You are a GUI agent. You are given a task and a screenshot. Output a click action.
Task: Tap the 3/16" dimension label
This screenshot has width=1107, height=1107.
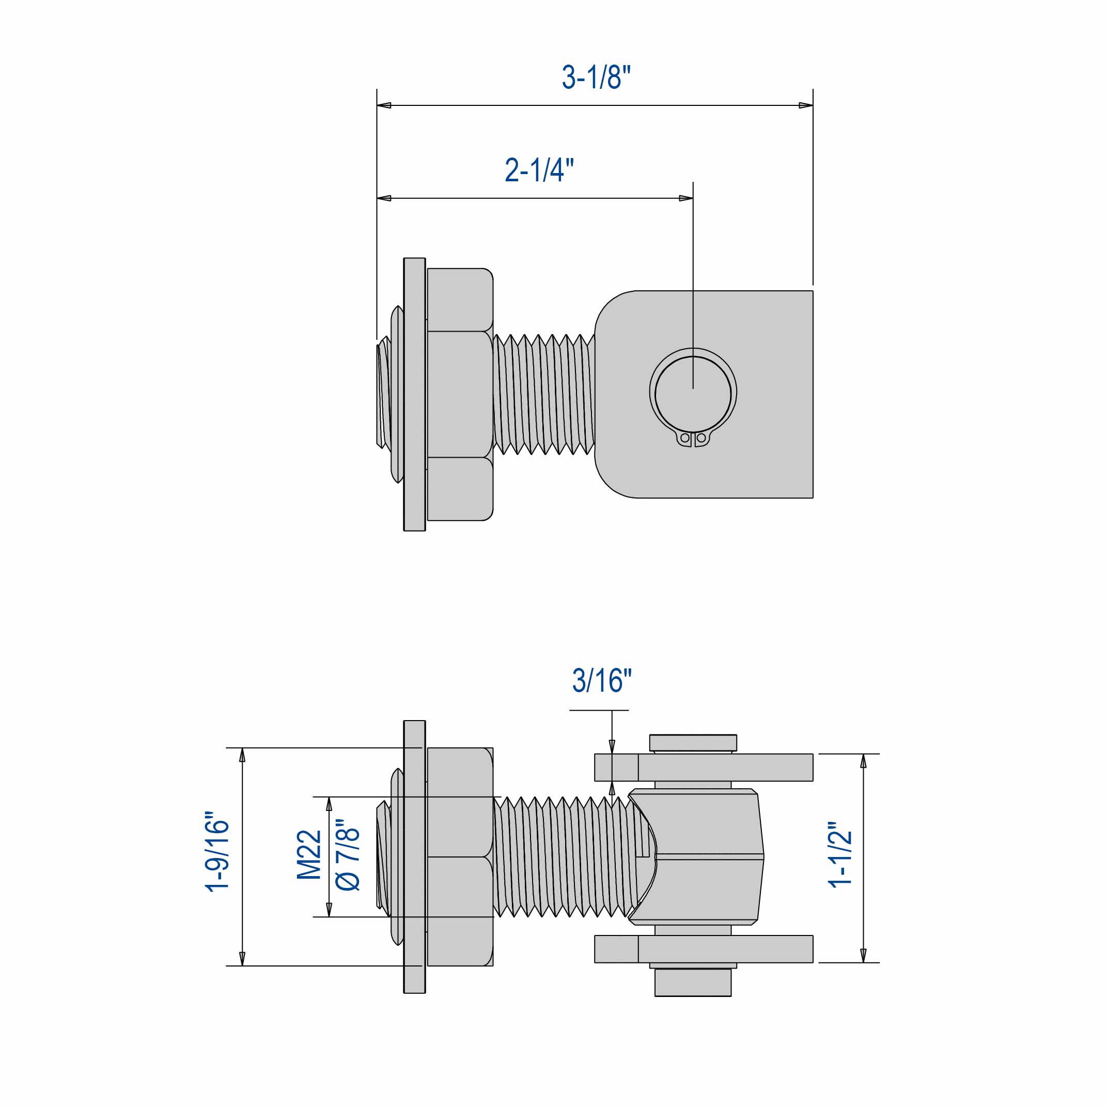click(601, 681)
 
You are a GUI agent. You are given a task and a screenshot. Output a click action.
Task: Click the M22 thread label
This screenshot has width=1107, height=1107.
click(309, 854)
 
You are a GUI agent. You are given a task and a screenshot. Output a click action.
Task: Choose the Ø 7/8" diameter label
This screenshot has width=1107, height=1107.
click(348, 854)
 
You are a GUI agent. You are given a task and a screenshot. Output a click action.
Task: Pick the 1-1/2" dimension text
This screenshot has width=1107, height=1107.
click(840, 854)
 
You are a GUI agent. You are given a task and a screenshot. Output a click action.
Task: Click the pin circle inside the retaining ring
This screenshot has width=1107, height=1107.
click(693, 394)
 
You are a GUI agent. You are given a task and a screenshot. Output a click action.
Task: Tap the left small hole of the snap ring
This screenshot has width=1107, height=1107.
click(685, 438)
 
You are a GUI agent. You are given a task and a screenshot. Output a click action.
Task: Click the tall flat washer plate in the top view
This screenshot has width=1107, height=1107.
click(414, 394)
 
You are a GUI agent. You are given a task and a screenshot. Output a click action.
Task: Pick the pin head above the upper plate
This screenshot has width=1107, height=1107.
click(693, 743)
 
